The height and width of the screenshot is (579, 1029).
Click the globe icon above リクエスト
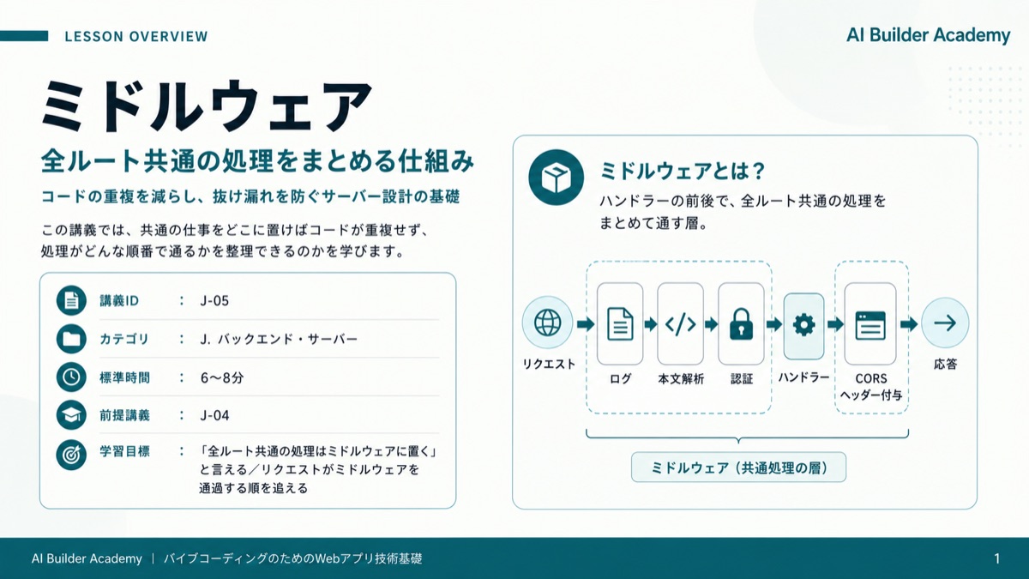pos(548,323)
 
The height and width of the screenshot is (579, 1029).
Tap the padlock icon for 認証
pos(741,324)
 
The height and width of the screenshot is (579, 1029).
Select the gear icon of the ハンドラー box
pos(804,324)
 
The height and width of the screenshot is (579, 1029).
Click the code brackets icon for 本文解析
pos(680,324)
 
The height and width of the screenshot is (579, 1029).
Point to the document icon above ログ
pos(620,324)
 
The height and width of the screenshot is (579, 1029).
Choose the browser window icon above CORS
pos(870,325)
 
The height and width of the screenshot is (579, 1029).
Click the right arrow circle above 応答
pos(945,323)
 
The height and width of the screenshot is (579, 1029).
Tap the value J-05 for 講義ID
pos(214,301)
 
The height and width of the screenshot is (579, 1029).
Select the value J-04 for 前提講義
pos(214,415)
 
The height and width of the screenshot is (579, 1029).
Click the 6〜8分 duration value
pos(222,377)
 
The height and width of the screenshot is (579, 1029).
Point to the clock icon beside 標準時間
pos(71,377)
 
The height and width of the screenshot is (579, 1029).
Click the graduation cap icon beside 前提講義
pos(71,415)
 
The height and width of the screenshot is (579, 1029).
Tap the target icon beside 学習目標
pos(71,455)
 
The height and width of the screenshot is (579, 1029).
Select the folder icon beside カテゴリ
pos(71,339)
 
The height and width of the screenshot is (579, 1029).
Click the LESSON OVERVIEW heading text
pos(136,36)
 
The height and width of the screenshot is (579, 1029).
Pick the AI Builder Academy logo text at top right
pos(929,35)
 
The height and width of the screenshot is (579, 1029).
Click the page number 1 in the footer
pos(996,558)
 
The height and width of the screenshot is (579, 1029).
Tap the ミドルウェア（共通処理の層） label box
pos(738,467)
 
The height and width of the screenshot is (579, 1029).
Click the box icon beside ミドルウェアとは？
pos(556,178)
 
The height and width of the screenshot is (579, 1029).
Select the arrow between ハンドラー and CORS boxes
pos(835,324)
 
